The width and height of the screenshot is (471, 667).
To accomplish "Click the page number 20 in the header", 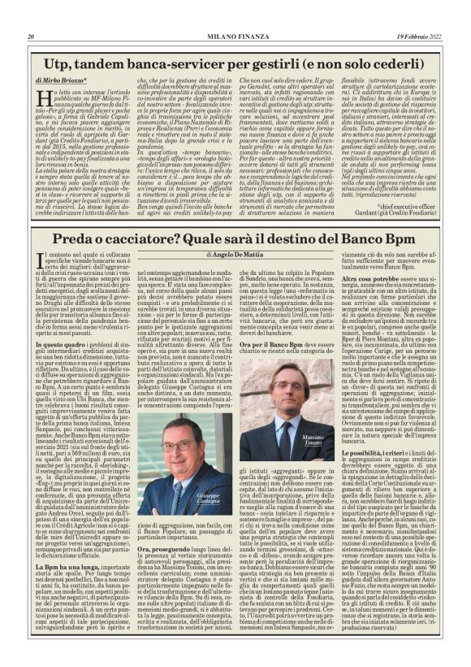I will (31, 37).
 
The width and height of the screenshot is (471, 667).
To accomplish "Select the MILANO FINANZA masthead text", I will (235, 37).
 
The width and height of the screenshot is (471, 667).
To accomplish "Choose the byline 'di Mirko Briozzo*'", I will (63, 82).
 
